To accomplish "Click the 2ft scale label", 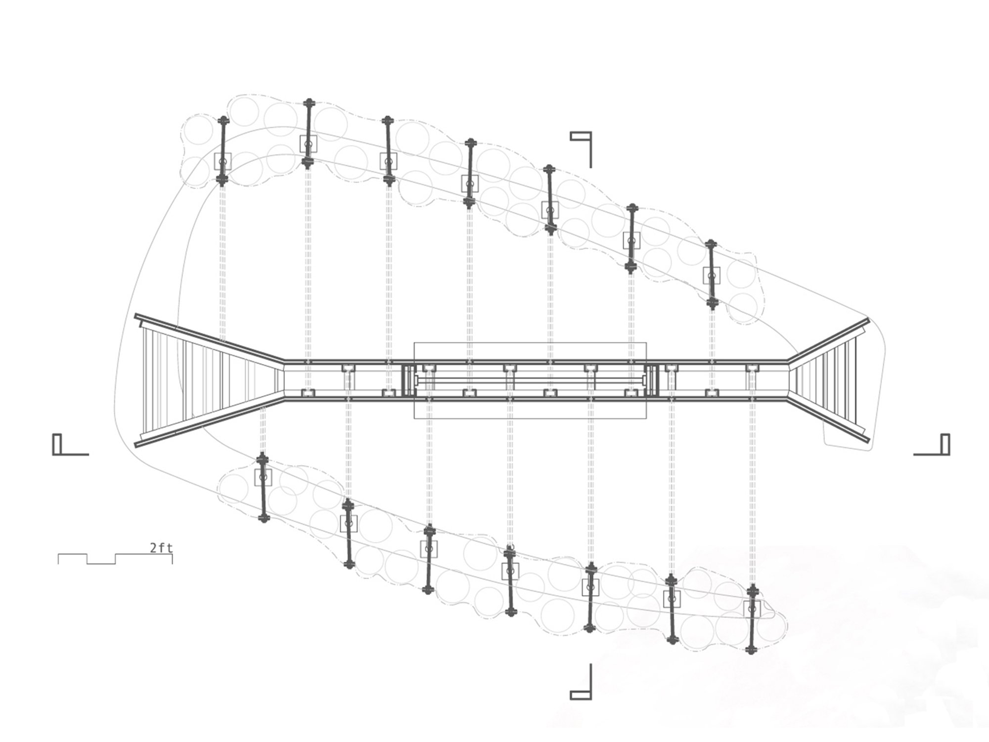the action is [x=161, y=548].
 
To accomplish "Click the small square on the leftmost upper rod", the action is [x=223, y=161].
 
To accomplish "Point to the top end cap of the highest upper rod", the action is [x=309, y=103].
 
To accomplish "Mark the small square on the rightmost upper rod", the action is [x=712, y=275].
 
